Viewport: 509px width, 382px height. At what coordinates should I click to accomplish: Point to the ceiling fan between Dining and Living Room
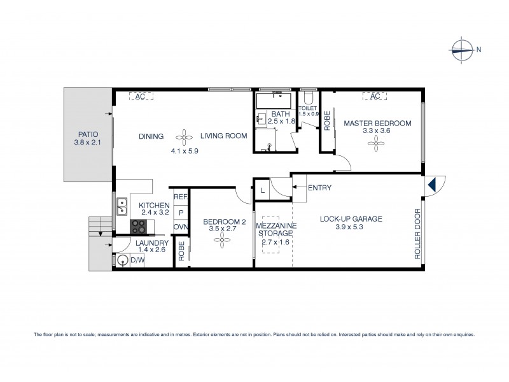tap(183, 136)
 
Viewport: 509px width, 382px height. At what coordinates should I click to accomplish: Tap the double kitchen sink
tap(121, 206)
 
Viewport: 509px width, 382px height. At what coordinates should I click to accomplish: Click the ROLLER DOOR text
tap(418, 233)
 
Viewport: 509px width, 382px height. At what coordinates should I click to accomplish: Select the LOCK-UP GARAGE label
tap(351, 219)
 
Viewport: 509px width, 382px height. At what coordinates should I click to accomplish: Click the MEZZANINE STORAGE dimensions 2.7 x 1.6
tap(272, 241)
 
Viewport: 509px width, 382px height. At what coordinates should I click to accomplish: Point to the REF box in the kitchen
tap(180, 198)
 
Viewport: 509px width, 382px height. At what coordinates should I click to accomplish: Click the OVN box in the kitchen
tap(180, 227)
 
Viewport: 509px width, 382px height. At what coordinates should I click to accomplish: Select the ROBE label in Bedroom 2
tap(181, 251)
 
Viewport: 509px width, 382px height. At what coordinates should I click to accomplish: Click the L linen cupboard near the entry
tap(262, 190)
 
